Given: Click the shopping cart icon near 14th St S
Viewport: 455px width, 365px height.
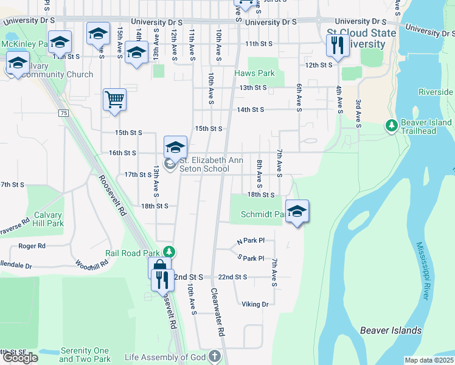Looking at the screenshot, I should pyautogui.click(x=115, y=100).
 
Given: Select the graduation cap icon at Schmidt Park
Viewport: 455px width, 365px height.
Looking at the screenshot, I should pyautogui.click(x=297, y=212).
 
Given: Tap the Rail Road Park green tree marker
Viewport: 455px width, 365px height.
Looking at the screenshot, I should pyautogui.click(x=172, y=252).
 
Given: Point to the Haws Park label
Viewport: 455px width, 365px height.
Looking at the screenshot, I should pyautogui.click(x=254, y=74).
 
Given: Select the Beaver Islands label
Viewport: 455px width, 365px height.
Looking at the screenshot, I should pyautogui.click(x=391, y=330).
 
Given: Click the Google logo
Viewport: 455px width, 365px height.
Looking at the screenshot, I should pyautogui.click(x=20, y=358).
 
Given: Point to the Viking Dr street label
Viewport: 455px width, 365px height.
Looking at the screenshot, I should pyautogui.click(x=255, y=304).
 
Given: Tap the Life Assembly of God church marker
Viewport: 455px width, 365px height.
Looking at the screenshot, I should pyautogui.click(x=214, y=356).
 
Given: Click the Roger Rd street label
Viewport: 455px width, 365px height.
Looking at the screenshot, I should pyautogui.click(x=32, y=246).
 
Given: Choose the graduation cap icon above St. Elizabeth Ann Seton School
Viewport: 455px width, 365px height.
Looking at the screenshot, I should pyautogui.click(x=175, y=148).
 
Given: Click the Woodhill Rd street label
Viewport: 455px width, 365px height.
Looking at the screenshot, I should pyautogui.click(x=92, y=264).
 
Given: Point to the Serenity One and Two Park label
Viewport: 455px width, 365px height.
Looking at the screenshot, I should pyautogui.click(x=85, y=355).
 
